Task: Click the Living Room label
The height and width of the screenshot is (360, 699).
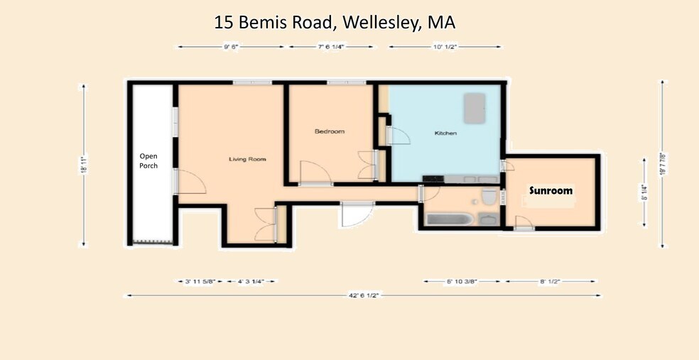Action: (247, 159)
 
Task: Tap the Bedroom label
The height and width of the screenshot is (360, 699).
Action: (330, 131)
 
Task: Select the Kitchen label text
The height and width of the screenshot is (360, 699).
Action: (445, 133)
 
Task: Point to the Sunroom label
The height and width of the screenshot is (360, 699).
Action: (551, 190)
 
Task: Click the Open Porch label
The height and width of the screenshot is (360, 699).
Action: (148, 160)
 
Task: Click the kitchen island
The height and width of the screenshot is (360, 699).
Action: (474, 107)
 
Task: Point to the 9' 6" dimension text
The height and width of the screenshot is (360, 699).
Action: (231, 47)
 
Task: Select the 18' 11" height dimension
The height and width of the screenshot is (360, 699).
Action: (85, 165)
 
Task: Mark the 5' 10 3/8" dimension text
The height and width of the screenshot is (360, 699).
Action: (462, 281)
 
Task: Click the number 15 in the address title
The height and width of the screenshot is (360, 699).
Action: (224, 22)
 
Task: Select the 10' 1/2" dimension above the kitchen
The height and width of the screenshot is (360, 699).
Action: (445, 47)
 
